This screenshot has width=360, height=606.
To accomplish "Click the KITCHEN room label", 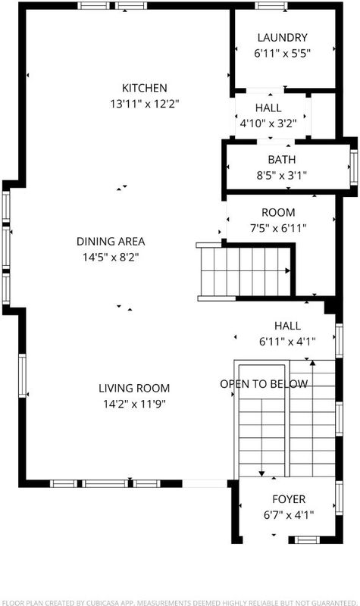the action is (x=145, y=88).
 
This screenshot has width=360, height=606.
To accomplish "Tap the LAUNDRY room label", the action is (x=282, y=37).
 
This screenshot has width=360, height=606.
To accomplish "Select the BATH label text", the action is (x=281, y=160).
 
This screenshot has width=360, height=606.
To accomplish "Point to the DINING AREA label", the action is (x=111, y=242).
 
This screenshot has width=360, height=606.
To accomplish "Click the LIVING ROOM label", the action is (x=134, y=388).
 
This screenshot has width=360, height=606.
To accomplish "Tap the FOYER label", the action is (x=289, y=499).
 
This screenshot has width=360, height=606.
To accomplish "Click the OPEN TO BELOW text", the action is (x=264, y=384).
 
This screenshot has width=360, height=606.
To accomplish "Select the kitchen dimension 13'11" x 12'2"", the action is (x=145, y=104).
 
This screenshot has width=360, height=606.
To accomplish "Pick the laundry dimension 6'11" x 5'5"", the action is (x=282, y=53).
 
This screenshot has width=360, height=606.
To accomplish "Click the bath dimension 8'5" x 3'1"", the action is (x=281, y=176).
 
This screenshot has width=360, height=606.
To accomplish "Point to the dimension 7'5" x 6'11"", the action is (x=278, y=228).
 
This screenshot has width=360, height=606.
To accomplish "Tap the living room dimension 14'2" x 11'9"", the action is (x=134, y=405).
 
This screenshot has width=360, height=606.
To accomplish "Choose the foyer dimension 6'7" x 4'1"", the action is (x=289, y=515).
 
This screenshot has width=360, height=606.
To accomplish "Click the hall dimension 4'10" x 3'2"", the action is (x=268, y=123).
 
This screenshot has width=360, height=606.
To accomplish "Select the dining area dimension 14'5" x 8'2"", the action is (x=111, y=258).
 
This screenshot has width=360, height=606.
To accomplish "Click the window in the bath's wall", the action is (x=353, y=167).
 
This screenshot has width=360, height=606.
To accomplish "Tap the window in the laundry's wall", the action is (x=271, y=5).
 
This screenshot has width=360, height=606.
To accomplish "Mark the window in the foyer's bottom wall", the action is (x=308, y=540).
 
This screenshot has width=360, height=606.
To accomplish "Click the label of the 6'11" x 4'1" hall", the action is (x=287, y=326).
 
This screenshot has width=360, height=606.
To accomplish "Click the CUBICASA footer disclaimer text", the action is (x=180, y=602).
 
